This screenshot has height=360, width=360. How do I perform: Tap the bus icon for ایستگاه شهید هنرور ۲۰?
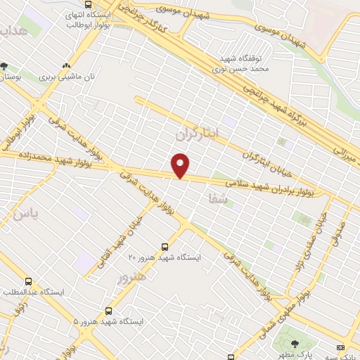coord(165,247)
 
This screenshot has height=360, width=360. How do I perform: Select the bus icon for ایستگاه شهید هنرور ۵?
coord(108,310)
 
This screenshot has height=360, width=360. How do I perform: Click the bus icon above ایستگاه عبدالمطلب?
coord(28,281)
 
